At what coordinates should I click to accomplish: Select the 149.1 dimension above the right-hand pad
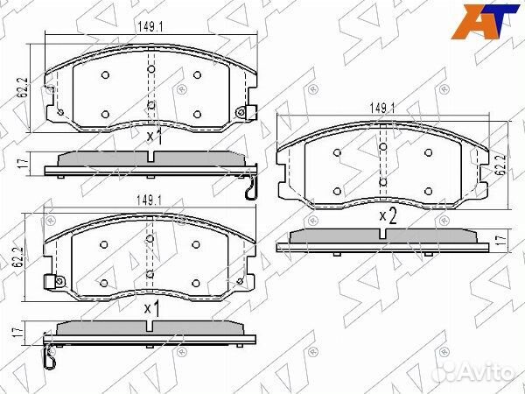click(382, 108)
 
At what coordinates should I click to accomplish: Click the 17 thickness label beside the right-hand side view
click(500, 238)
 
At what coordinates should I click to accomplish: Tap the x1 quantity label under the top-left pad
click(154, 137)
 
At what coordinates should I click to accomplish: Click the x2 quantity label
click(388, 215)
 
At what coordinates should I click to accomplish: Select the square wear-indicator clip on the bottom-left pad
click(50, 282)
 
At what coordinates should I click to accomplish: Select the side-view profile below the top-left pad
click(151, 162)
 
